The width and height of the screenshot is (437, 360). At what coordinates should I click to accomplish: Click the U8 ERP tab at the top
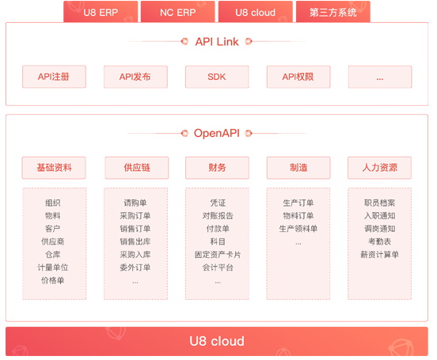(x=101, y=12)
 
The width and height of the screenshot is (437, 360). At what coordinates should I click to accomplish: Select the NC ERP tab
(x=178, y=12)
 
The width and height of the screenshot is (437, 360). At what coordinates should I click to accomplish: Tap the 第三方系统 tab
(x=333, y=12)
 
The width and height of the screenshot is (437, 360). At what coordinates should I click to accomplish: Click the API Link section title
(x=217, y=42)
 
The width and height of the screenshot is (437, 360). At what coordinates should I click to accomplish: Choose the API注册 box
(x=54, y=77)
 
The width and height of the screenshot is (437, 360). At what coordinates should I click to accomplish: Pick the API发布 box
(x=135, y=77)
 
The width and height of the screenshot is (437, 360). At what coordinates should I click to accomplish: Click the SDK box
(x=217, y=77)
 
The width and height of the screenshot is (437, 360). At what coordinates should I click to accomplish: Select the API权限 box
(x=298, y=77)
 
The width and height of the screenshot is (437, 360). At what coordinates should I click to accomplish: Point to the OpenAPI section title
(x=217, y=133)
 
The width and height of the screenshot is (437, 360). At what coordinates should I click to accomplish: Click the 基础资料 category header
(x=54, y=168)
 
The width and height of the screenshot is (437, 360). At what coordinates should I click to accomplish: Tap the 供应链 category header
(x=136, y=168)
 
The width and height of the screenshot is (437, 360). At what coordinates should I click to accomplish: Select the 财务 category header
(x=217, y=168)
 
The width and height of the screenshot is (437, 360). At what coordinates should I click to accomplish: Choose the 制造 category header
(x=298, y=168)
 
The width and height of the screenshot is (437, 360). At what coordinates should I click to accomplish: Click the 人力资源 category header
(x=379, y=168)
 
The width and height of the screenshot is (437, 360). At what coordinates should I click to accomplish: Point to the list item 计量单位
(x=53, y=267)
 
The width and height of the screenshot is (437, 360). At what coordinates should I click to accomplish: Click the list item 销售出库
(x=135, y=241)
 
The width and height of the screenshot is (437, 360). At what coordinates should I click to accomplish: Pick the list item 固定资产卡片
(x=218, y=255)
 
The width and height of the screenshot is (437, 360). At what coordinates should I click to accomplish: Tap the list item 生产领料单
(x=298, y=229)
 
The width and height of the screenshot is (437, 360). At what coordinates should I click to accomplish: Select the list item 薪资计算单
(x=379, y=255)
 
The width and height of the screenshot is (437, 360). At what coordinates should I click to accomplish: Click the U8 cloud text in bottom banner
(x=217, y=341)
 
